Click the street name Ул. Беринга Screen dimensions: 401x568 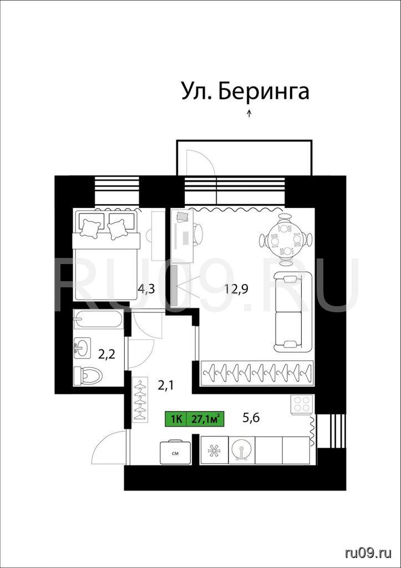(245, 91)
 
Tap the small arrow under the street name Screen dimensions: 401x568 (249, 113)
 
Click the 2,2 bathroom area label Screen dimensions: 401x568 (107, 353)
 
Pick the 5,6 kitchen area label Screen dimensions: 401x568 (251, 418)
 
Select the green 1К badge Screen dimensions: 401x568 (176, 419)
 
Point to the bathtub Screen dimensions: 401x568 (98, 319)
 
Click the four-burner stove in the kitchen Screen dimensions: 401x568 (302, 404)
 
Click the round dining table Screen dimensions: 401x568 (286, 239)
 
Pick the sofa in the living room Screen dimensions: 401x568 (292, 312)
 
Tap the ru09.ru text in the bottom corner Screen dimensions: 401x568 (368, 553)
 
